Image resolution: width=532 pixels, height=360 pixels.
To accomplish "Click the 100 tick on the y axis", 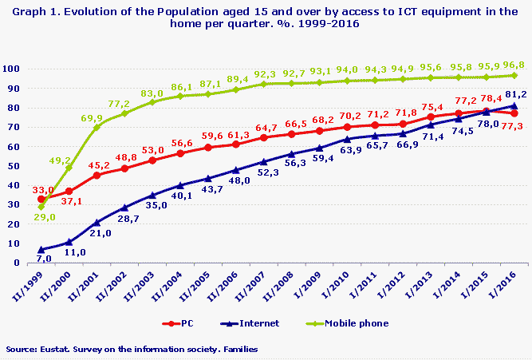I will [13, 69].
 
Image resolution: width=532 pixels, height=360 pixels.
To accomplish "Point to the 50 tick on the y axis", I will [15, 166].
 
